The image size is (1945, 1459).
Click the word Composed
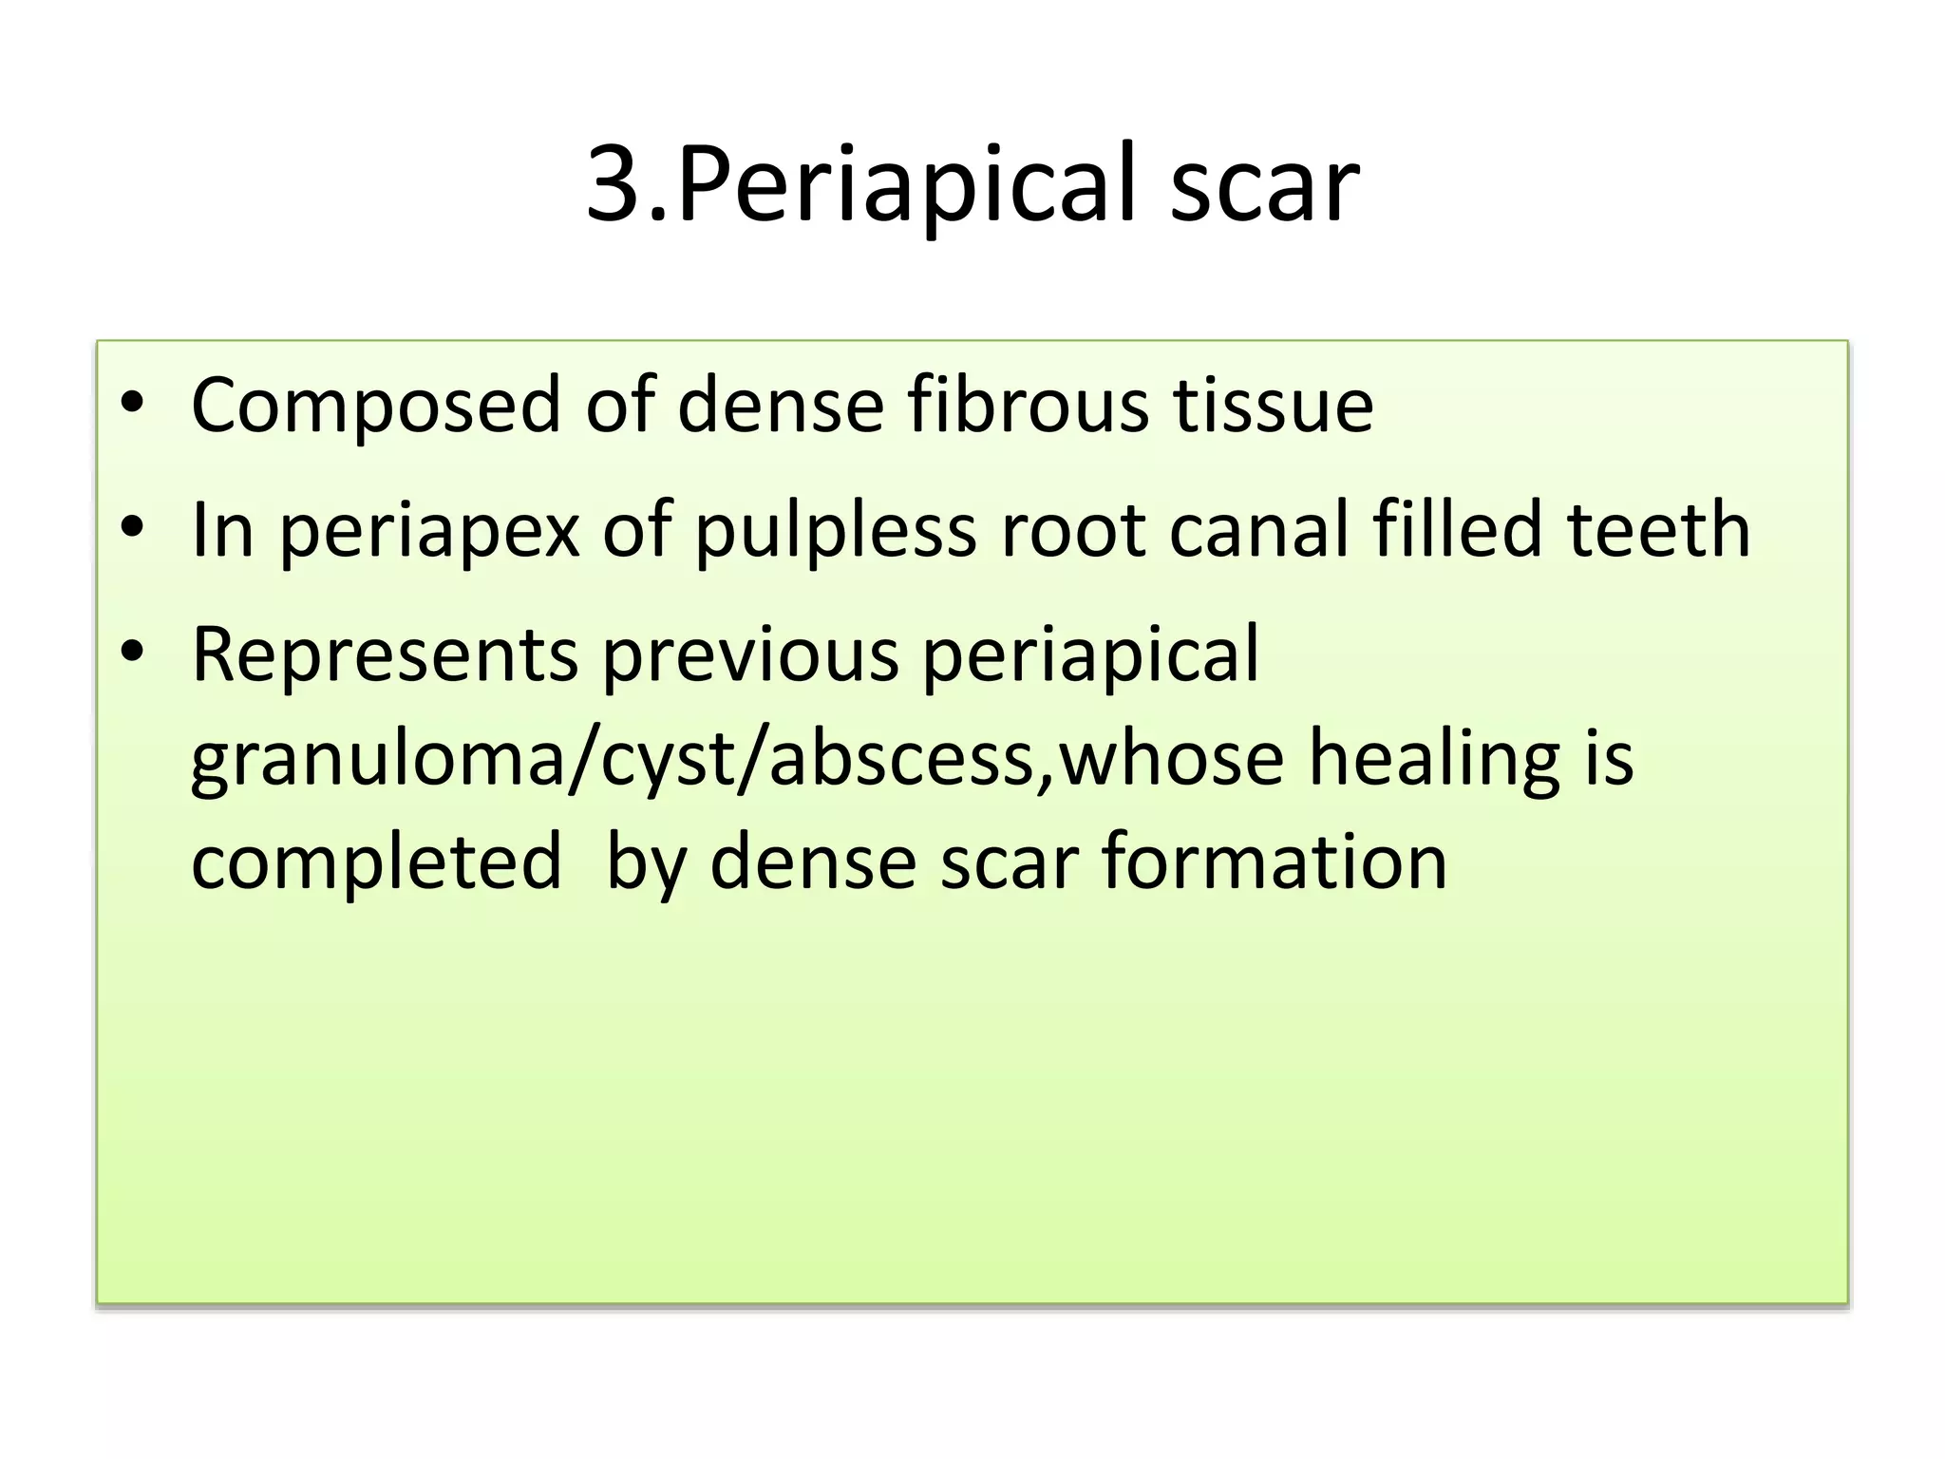click(x=376, y=407)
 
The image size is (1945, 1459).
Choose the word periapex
click(x=428, y=530)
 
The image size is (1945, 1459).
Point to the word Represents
click(x=384, y=654)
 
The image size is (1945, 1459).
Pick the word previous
click(x=750, y=654)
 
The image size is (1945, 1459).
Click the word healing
click(x=1434, y=760)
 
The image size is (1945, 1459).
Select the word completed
click(x=376, y=862)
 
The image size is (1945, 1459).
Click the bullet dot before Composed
click(x=133, y=405)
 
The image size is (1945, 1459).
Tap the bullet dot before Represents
click(x=133, y=653)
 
